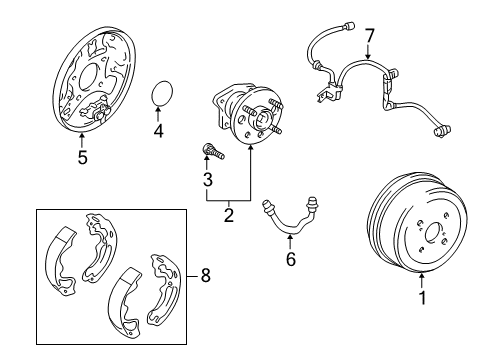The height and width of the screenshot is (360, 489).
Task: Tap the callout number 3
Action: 207,180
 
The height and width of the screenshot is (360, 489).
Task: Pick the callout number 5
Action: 82,156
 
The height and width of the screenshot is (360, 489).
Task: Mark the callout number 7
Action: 369,37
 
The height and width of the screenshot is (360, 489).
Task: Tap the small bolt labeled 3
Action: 211,151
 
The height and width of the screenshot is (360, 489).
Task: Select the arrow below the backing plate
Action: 82,139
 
